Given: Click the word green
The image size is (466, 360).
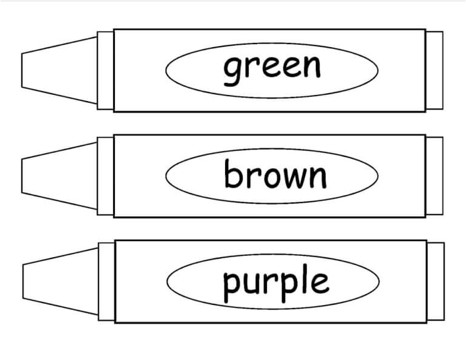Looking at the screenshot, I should coord(272,68).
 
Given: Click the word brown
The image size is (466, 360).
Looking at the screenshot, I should coord(275,175).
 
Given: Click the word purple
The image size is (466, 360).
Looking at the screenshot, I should coord(276,282).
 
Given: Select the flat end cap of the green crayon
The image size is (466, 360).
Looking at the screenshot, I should coord(435,70).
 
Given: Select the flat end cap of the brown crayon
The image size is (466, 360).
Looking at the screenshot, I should coord(435,175).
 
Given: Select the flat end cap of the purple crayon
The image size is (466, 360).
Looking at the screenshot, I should coord(436,281).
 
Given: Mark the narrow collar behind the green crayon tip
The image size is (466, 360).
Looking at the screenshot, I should coord(105,70).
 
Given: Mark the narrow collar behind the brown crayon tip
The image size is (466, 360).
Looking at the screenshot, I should coord(105,175).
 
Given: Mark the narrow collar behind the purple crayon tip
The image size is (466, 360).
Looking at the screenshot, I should coord(106,281).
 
